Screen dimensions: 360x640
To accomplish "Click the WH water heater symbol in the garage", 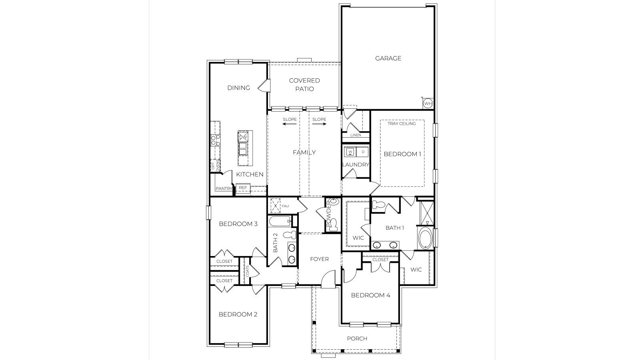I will [x=428, y=104].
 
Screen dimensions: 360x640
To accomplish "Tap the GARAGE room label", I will [x=388, y=58].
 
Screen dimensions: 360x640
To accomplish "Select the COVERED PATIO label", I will [x=304, y=85].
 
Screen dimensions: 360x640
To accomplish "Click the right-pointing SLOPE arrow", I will [x=319, y=124].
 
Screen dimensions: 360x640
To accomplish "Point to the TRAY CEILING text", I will [x=402, y=124].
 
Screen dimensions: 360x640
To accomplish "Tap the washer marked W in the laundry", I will [x=350, y=152].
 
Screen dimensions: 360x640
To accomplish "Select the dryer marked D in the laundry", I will [x=363, y=152].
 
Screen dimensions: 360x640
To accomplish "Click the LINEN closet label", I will [x=355, y=135].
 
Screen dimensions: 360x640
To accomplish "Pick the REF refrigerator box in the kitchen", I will [x=243, y=188].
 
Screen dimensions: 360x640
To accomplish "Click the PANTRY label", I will [x=224, y=188].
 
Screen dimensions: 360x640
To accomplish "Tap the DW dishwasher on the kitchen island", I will [x=243, y=137].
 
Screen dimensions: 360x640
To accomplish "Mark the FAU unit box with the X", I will [x=275, y=206].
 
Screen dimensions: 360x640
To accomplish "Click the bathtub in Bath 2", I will [x=280, y=221].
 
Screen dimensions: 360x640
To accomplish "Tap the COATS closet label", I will [x=248, y=272].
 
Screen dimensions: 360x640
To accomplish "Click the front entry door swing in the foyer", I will [x=329, y=278].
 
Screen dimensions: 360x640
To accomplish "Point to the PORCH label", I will [x=357, y=339].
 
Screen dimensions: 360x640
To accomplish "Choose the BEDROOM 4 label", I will [x=370, y=296].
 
